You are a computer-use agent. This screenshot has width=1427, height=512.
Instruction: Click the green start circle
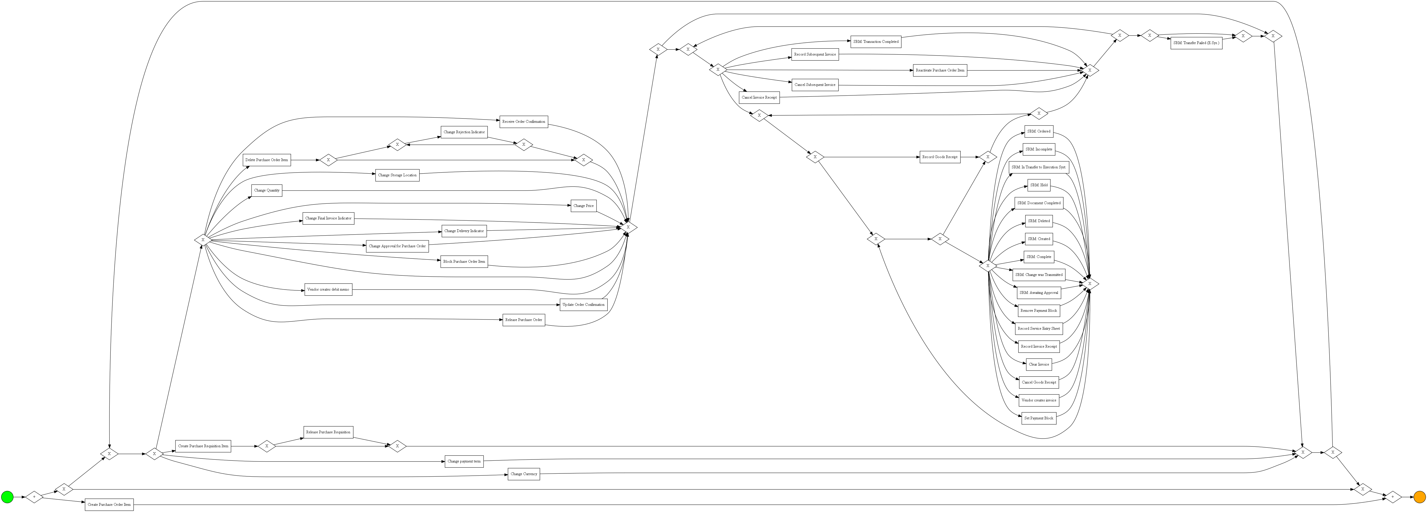coord(7,497)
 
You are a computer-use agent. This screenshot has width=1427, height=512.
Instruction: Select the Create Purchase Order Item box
coord(109,505)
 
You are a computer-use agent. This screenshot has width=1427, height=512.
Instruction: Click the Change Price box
coord(583,206)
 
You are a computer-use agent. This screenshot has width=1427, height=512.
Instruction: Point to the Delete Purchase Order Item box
coord(266,160)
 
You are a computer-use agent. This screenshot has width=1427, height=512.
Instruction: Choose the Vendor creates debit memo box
coord(328,289)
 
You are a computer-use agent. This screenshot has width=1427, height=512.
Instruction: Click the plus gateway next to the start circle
coord(34,497)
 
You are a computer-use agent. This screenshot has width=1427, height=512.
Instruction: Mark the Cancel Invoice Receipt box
coord(759,97)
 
